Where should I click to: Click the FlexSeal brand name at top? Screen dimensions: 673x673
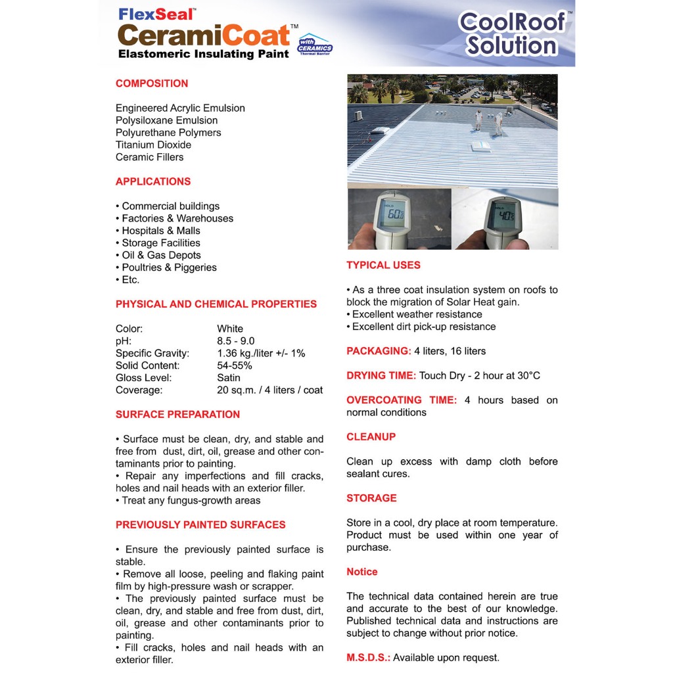point(157,14)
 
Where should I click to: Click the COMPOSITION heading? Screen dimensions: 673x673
point(152,83)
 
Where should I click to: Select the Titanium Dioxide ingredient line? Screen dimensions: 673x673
point(153,145)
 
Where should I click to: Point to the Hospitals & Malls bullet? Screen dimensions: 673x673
point(160,231)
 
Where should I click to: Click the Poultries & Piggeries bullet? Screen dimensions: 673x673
point(169,267)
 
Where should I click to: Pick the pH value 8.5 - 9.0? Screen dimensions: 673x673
point(236,341)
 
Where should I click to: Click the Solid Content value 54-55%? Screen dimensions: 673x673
point(235,365)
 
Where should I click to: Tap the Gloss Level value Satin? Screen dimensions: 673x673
point(229,378)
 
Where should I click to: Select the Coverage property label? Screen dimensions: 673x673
point(139,390)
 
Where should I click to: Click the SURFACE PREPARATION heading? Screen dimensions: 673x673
point(177,415)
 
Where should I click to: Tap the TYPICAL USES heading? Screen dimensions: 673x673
point(383,266)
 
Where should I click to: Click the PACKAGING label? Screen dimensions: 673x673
point(379,351)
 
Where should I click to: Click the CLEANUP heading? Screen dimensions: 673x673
point(371,437)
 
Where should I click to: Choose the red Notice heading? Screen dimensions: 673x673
point(362,572)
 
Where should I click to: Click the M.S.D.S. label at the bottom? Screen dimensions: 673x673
point(368,657)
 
